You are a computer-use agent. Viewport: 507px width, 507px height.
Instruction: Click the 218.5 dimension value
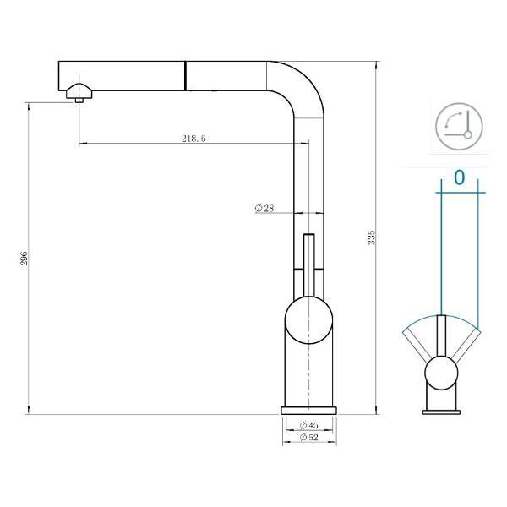pyautogui.click(x=194, y=138)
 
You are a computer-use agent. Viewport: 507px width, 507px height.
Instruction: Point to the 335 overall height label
pyautogui.click(x=371, y=237)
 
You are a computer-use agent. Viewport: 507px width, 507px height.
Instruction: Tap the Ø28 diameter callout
pyautogui.click(x=264, y=209)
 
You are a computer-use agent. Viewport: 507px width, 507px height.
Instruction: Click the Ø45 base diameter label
pyautogui.click(x=308, y=425)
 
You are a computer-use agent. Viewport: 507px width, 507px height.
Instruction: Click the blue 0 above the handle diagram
pyautogui.click(x=459, y=177)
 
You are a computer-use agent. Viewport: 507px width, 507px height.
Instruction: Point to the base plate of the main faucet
pyautogui.click(x=308, y=410)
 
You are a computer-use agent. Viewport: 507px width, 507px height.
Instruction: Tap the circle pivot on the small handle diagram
pyautogui.click(x=441, y=371)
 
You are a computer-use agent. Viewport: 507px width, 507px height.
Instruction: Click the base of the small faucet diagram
pyautogui.click(x=441, y=409)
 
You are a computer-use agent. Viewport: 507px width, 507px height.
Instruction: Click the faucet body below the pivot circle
pyautogui.click(x=308, y=372)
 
